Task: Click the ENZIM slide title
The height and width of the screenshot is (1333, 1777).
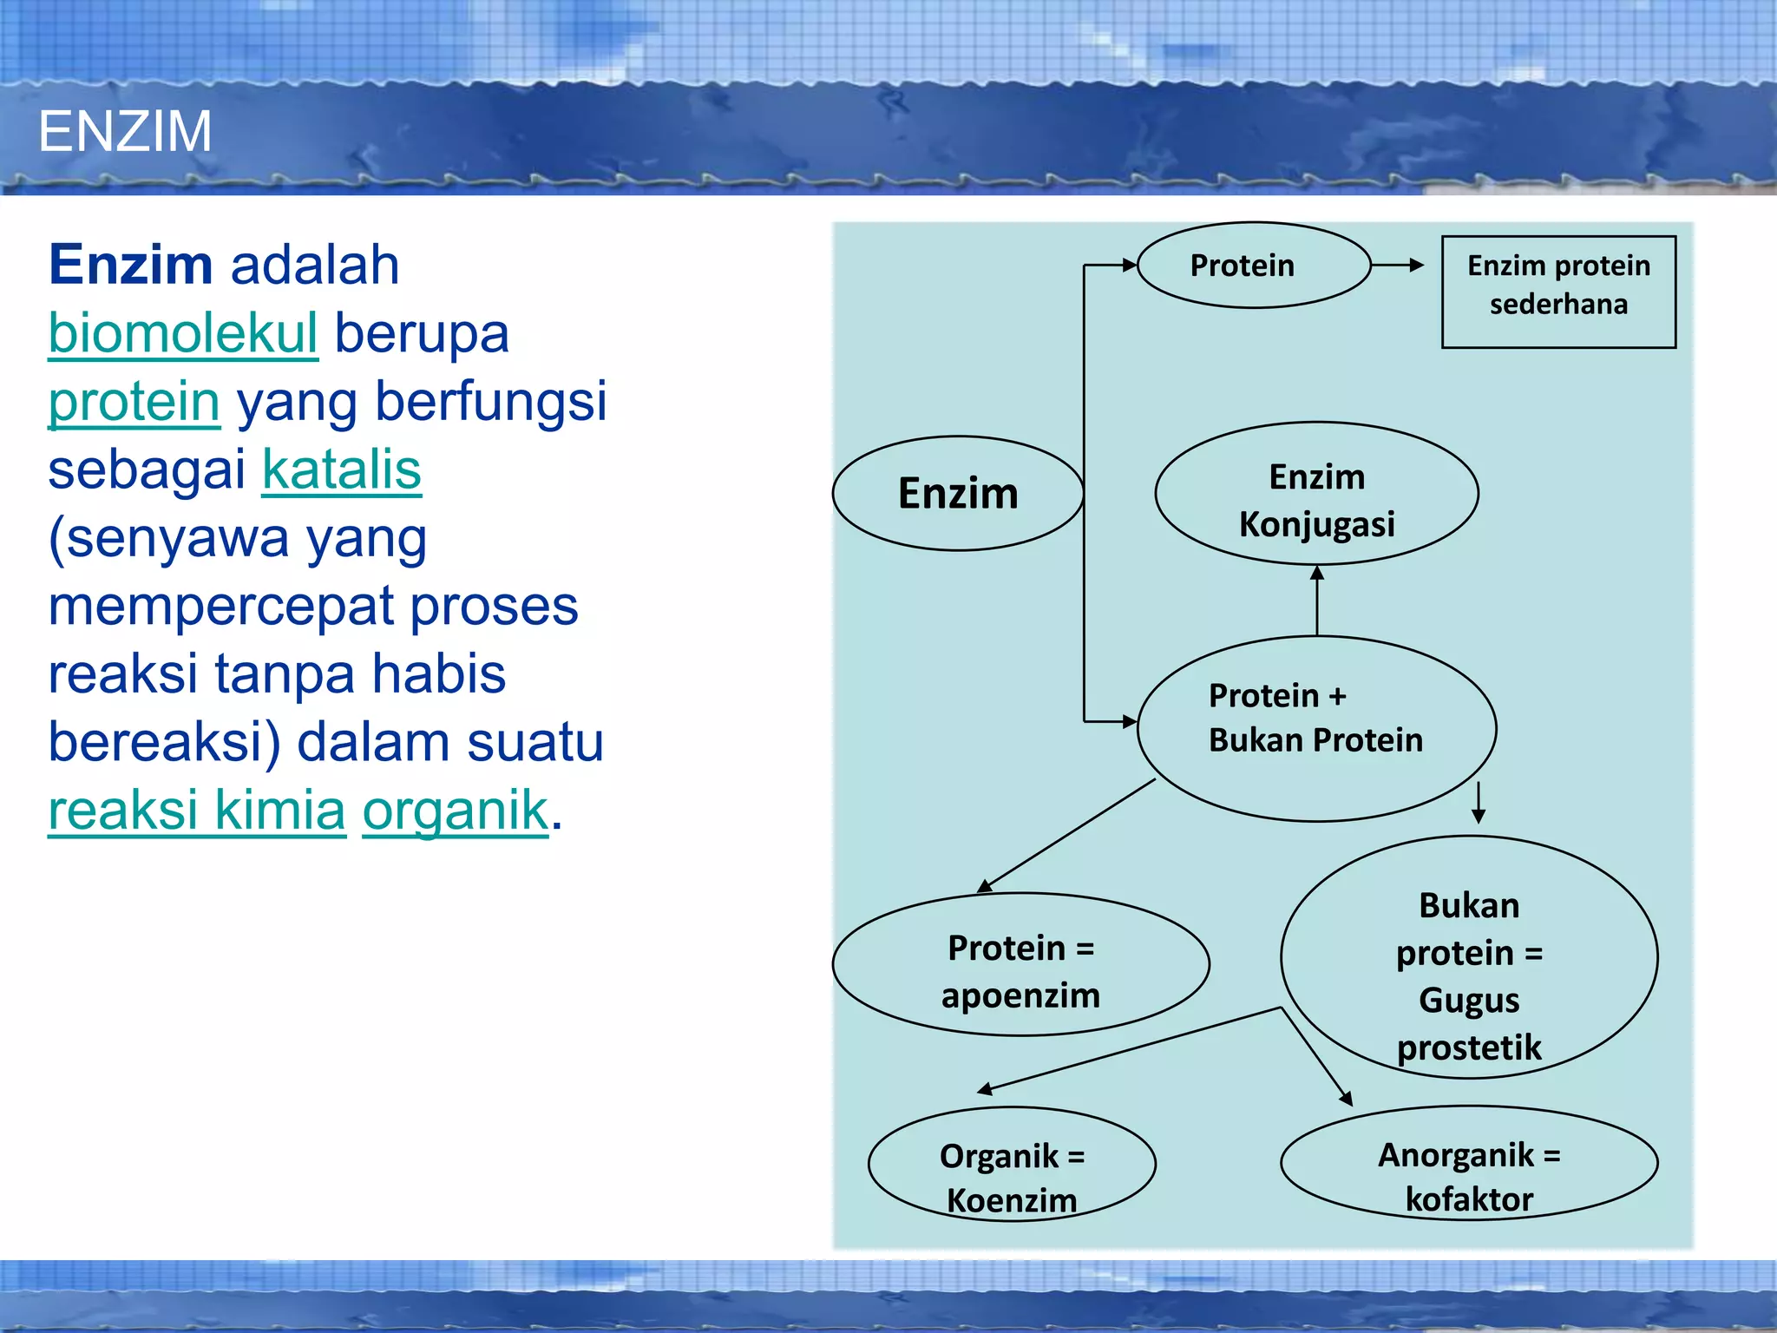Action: pos(125,132)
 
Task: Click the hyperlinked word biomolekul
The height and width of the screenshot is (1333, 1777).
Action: pos(183,333)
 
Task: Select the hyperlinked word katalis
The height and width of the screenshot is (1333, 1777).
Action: pos(341,470)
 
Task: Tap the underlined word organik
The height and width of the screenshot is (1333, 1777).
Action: pos(455,811)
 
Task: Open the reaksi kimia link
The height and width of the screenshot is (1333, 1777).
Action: pos(197,811)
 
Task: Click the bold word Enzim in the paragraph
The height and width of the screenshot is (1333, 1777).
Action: pos(130,265)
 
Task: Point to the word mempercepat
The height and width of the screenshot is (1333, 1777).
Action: pos(220,606)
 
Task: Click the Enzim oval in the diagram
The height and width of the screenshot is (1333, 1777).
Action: pos(957,493)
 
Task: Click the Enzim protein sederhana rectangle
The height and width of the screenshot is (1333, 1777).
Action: pos(1558,292)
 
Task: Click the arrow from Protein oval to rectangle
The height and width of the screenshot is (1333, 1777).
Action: pos(1398,266)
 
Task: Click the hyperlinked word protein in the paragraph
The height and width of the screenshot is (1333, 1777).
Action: pos(134,402)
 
